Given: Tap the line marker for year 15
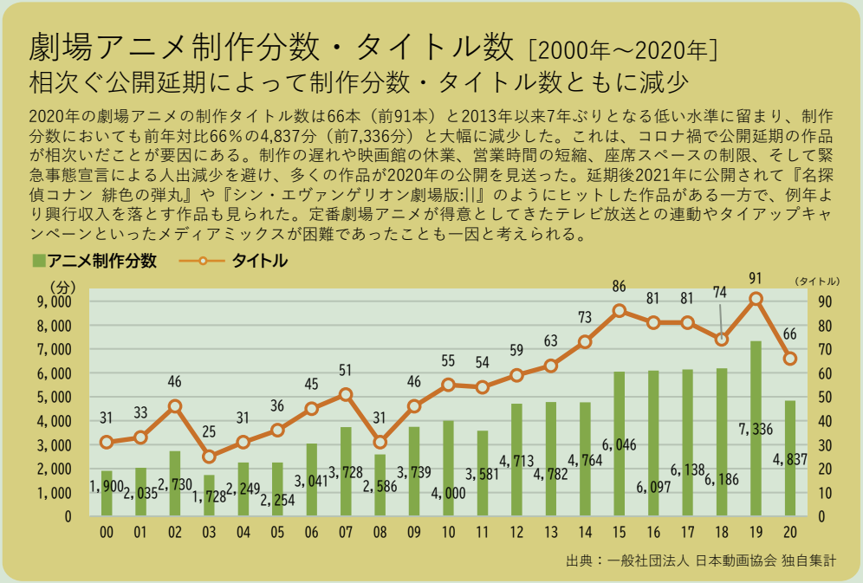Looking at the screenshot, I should [x=619, y=311].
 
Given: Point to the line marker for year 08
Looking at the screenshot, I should [x=380, y=442].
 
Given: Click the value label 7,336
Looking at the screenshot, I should [x=756, y=429].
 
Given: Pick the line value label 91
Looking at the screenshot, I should [x=756, y=278].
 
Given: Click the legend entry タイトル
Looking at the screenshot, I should [x=258, y=260].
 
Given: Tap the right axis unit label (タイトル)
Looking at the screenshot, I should [x=816, y=282].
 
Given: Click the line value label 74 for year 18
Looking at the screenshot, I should [x=720, y=293].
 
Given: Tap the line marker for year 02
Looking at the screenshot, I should [x=175, y=405].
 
